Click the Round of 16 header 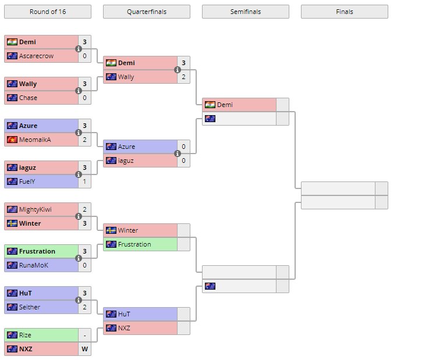click(x=47, y=12)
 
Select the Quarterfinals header click(x=146, y=12)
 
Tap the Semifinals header click(x=245, y=12)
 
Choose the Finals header click(x=344, y=12)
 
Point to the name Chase click(x=28, y=98)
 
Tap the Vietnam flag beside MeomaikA click(x=12, y=140)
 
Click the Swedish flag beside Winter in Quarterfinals click(x=111, y=230)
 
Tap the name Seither click(x=30, y=307)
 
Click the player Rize click(x=25, y=335)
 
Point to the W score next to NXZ click(x=84, y=349)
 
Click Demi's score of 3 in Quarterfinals click(x=183, y=63)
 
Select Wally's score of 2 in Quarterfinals click(x=183, y=77)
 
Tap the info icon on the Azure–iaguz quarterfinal click(x=177, y=154)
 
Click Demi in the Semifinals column click(x=225, y=105)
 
